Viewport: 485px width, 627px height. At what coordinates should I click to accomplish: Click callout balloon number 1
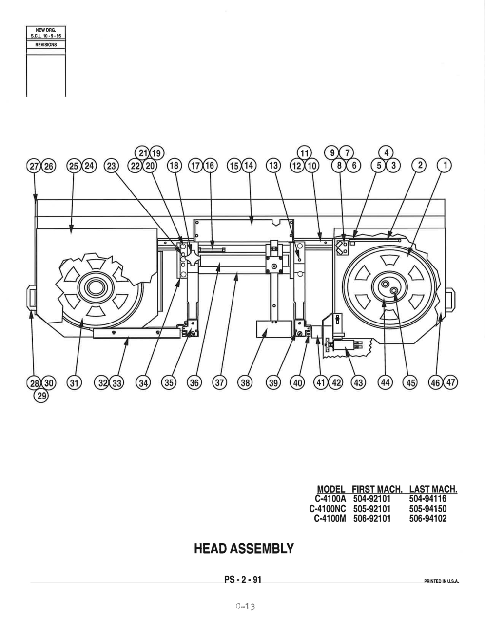pos(445,165)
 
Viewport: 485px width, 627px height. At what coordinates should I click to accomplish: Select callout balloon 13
pos(273,165)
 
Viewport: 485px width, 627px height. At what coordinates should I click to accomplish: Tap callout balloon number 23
pos(112,166)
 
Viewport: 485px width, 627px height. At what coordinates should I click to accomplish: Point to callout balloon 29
pos(41,395)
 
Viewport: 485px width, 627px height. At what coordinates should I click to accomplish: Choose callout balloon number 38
pos(245,382)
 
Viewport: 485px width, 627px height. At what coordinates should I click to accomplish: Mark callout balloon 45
pos(410,382)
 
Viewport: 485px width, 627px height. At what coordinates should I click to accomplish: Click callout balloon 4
pos(386,153)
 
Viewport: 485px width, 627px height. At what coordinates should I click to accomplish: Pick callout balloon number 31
pos(74,383)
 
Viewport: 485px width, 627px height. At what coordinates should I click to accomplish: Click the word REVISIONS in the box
pos(46,45)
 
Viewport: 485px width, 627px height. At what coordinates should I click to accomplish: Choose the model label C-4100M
pos(330,518)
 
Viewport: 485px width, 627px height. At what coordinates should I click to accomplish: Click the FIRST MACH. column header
pos(377,489)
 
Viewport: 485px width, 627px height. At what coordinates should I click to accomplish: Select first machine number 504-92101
pos(372,498)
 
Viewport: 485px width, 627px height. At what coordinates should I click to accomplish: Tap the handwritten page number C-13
pos(245,606)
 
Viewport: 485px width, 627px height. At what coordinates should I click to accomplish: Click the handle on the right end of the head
pos(451,300)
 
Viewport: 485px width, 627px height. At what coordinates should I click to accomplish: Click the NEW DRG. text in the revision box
pos(46,30)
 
